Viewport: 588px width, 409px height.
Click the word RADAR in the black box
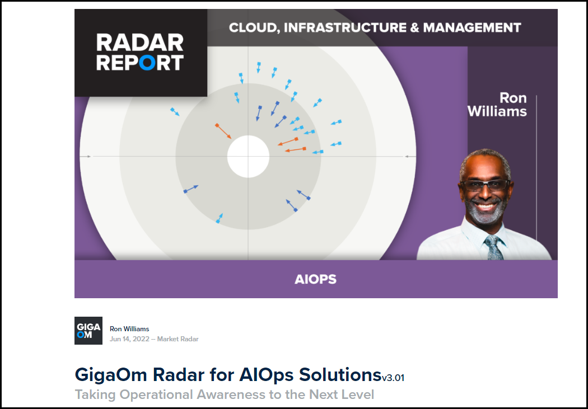pos(140,43)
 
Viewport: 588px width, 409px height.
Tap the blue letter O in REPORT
pos(147,63)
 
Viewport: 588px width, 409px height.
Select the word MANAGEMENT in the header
pos(472,28)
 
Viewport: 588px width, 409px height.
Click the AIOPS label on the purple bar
pos(316,279)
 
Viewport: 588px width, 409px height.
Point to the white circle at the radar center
pos(248,157)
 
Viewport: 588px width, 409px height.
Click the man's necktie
pos(494,247)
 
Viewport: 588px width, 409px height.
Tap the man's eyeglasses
pos(486,185)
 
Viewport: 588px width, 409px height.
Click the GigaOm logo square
pos(88,331)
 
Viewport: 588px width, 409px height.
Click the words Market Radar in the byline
pos(178,339)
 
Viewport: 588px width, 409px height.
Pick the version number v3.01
pos(393,378)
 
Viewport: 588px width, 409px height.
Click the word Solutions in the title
pos(340,374)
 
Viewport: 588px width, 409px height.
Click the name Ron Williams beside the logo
pos(129,329)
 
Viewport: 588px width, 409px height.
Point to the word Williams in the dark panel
pos(497,111)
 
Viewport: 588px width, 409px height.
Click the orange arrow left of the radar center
pos(223,131)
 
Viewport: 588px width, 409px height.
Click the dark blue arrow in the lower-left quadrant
pos(191,189)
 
